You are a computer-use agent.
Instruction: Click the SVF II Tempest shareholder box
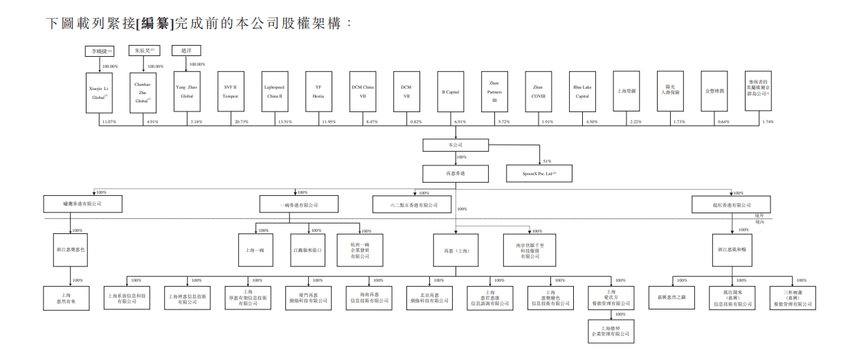click(231, 91)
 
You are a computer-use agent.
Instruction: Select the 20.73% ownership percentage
click(242, 122)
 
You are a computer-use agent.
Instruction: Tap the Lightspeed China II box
click(274, 91)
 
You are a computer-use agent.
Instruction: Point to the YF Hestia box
click(318, 91)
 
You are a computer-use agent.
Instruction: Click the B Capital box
click(450, 91)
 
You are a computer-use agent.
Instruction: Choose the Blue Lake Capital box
click(581, 91)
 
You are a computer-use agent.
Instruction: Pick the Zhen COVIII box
click(538, 91)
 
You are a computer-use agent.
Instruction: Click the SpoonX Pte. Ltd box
click(540, 173)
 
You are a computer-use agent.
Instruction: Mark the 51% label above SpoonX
click(547, 161)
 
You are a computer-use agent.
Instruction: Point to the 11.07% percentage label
click(109, 122)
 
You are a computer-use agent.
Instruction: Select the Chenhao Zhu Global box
click(143, 91)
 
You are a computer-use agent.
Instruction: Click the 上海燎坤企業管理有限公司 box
click(610, 331)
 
